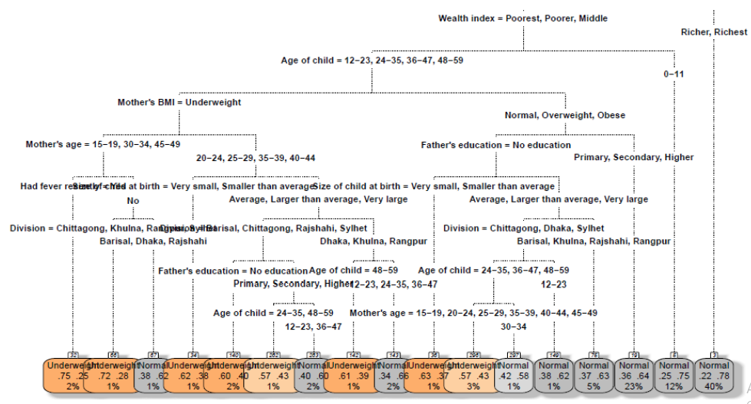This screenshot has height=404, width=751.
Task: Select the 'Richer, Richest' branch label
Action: [x=713, y=31]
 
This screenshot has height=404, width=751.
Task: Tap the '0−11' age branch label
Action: [x=674, y=74]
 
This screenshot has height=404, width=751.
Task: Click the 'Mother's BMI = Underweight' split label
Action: [x=179, y=102]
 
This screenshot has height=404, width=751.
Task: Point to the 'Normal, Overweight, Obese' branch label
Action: [x=565, y=116]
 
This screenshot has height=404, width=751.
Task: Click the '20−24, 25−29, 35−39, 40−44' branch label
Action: [x=255, y=158]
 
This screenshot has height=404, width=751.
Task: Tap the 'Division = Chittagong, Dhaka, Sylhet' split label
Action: [x=523, y=228]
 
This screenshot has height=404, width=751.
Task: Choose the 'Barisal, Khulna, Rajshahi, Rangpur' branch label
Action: [x=594, y=241]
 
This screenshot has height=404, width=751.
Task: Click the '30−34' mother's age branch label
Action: [x=515, y=326]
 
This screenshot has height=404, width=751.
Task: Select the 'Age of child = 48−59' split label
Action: [x=354, y=271]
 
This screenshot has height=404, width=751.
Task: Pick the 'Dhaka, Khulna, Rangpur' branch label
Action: [x=374, y=241]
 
